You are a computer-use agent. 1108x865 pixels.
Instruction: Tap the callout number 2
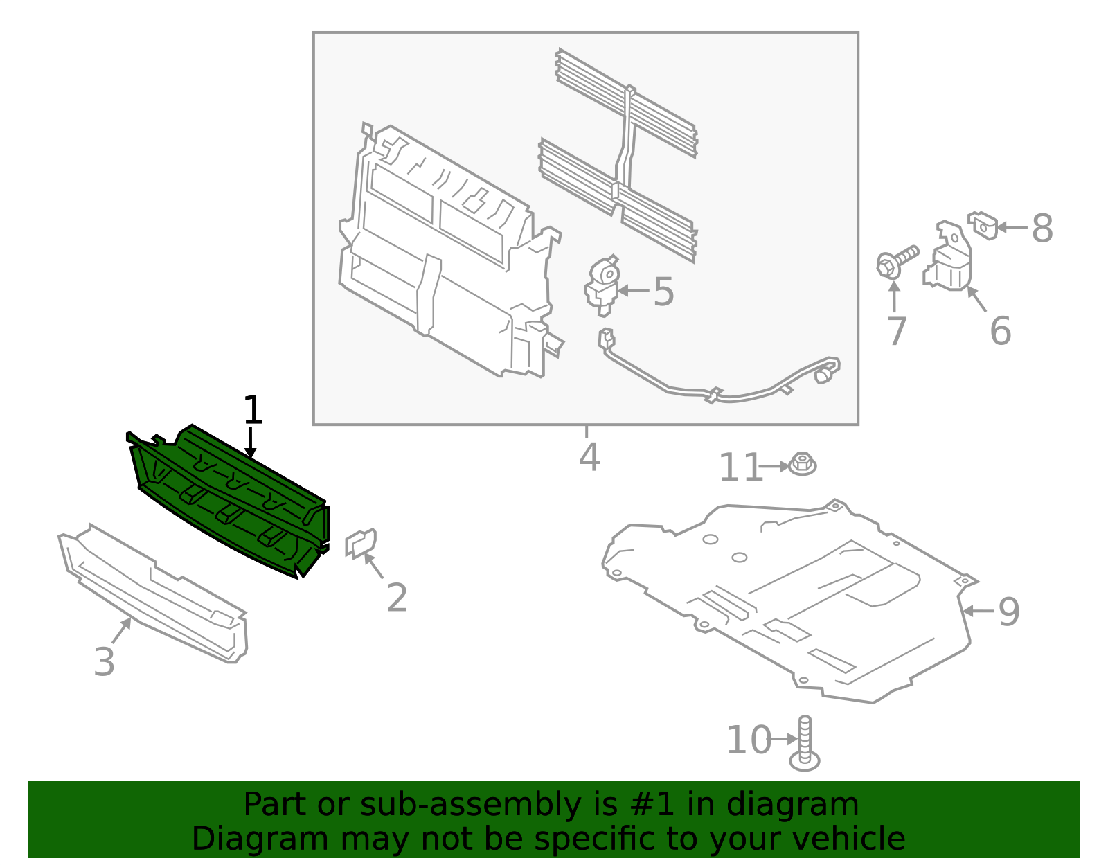pyautogui.click(x=397, y=598)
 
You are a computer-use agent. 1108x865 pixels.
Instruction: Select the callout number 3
pyautogui.click(x=104, y=662)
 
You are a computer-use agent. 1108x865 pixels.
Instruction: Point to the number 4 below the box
pyautogui.click(x=589, y=458)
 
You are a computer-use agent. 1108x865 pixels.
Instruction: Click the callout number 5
pyautogui.click(x=663, y=292)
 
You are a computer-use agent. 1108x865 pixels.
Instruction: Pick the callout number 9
pyautogui.click(x=1009, y=612)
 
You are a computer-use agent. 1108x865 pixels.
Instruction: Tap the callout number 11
pyautogui.click(x=740, y=469)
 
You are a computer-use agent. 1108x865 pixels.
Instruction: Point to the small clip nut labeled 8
pyautogui.click(x=983, y=225)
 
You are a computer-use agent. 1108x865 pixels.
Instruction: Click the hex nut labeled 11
pyautogui.click(x=803, y=464)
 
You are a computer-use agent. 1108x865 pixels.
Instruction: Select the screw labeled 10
pyautogui.click(x=805, y=744)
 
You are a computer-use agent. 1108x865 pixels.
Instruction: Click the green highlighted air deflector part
pyautogui.click(x=229, y=499)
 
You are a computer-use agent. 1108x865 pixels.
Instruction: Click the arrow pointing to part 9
pyautogui.click(x=978, y=611)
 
